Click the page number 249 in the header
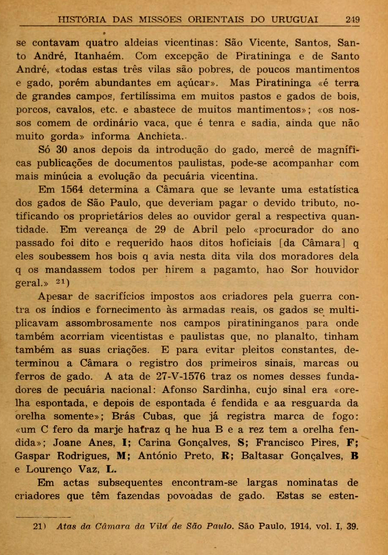[x=353, y=20]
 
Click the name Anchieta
[x=160, y=136]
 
